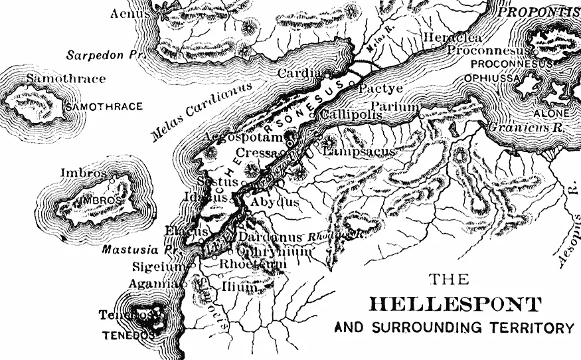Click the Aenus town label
(127, 13)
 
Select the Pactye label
(380, 88)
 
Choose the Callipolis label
(351, 114)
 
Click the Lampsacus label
(359, 152)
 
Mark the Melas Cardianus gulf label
(202, 112)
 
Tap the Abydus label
(275, 202)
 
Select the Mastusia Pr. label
(132, 251)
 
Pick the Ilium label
(242, 287)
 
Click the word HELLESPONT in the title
(455, 305)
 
